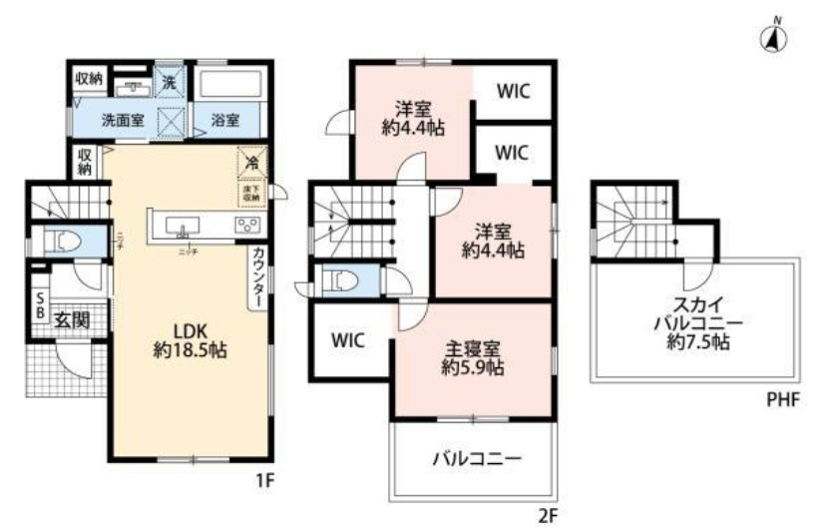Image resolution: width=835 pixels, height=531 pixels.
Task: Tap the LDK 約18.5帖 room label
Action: point(187,339)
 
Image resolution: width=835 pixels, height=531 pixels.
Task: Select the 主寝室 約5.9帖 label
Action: point(474,357)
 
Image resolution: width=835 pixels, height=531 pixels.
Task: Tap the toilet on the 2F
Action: point(342,280)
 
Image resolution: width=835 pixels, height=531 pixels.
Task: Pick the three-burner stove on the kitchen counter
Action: point(245,225)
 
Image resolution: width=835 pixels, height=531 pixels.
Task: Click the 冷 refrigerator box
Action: point(251,161)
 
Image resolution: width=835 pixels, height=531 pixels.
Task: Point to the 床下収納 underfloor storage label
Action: point(250,192)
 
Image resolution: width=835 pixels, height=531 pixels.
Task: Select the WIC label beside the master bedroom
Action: point(348,340)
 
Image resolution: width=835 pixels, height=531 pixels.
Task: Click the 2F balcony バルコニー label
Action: point(477,460)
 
